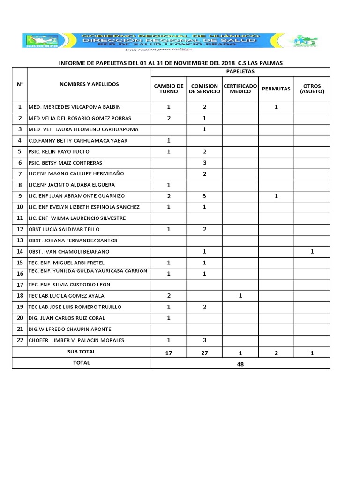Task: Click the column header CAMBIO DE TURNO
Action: [169, 89]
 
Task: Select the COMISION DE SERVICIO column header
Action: [204, 89]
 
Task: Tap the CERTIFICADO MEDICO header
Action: [240, 89]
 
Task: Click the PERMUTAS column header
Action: [276, 89]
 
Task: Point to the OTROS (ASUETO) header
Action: [312, 89]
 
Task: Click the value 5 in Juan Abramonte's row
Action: [204, 196]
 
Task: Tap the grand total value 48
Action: [240, 363]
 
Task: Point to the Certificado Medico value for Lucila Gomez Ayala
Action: [240, 295]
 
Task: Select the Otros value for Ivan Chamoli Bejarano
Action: [312, 251]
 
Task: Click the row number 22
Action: [20, 340]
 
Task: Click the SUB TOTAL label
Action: [82, 352]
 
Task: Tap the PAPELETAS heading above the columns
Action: [240, 72]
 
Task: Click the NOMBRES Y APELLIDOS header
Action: [89, 84]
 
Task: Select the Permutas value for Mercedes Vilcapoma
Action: [276, 107]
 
